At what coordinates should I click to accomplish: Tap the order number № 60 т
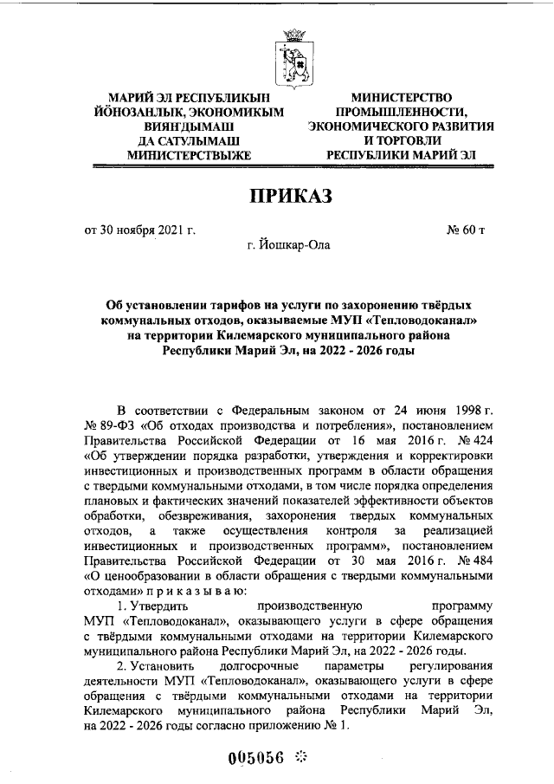pos(467,230)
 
